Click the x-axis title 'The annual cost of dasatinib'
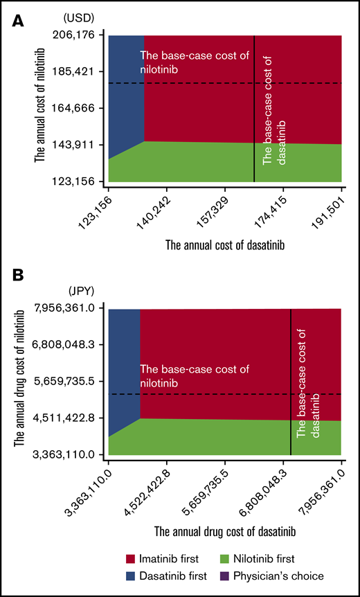[225, 244]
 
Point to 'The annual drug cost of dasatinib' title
[225, 532]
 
